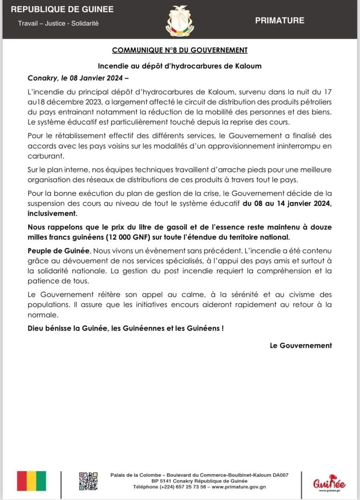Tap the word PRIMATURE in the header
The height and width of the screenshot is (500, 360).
(x=280, y=20)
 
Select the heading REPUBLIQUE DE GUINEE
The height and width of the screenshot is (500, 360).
(x=62, y=9)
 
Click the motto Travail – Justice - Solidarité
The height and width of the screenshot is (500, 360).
(x=58, y=23)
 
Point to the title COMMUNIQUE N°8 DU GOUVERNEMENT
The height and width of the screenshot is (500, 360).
(x=180, y=50)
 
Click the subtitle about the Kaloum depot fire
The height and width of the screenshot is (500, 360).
(x=180, y=66)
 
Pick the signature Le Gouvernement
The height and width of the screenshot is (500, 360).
(x=301, y=346)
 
